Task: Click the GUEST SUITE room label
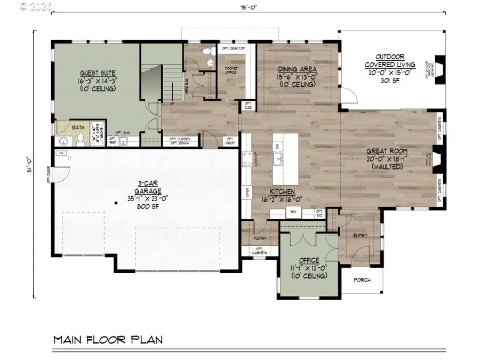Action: click(x=98, y=73)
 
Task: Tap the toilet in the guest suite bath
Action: click(x=79, y=139)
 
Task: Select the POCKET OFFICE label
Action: click(x=231, y=71)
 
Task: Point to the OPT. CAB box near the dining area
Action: click(x=248, y=106)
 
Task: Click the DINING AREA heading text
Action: click(x=298, y=69)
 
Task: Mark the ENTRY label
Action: click(x=361, y=235)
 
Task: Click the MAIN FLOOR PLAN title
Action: click(x=108, y=339)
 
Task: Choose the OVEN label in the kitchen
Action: click(x=247, y=192)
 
